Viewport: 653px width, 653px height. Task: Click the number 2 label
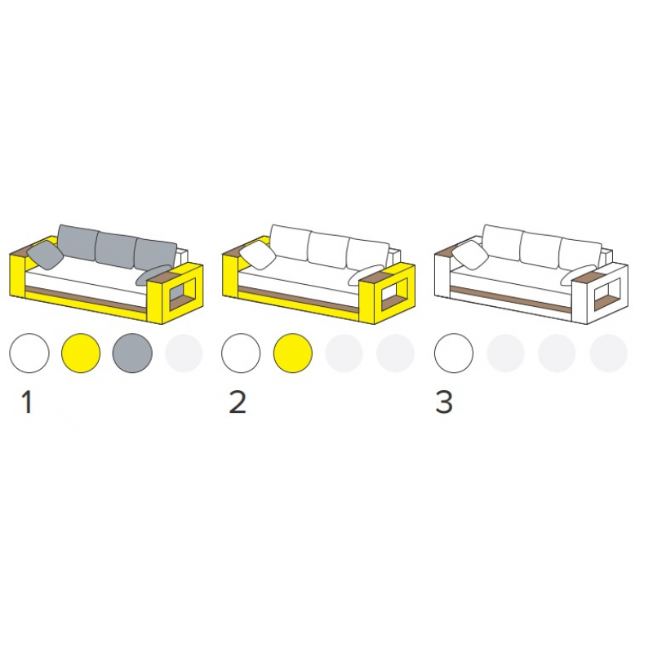click(x=238, y=402)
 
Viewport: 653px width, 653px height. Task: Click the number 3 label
click(x=444, y=402)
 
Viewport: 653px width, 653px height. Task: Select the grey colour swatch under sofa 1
click(x=132, y=353)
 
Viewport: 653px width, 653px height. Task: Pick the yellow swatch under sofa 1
click(x=81, y=353)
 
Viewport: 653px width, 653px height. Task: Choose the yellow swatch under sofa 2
click(x=293, y=353)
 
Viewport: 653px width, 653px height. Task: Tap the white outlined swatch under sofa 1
click(x=29, y=353)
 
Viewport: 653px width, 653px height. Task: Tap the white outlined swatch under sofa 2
click(x=241, y=353)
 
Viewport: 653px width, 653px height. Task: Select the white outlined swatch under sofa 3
click(x=454, y=353)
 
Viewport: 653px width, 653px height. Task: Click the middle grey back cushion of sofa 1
click(x=116, y=249)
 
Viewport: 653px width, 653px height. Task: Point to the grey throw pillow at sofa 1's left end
click(x=45, y=255)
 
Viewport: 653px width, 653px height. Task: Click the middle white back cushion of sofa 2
click(x=329, y=249)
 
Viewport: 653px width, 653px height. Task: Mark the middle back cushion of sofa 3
click(x=541, y=249)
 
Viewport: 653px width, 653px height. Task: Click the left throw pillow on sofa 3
click(x=470, y=255)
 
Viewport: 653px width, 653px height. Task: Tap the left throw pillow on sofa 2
click(x=257, y=255)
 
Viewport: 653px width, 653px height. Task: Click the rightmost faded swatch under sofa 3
click(x=608, y=353)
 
